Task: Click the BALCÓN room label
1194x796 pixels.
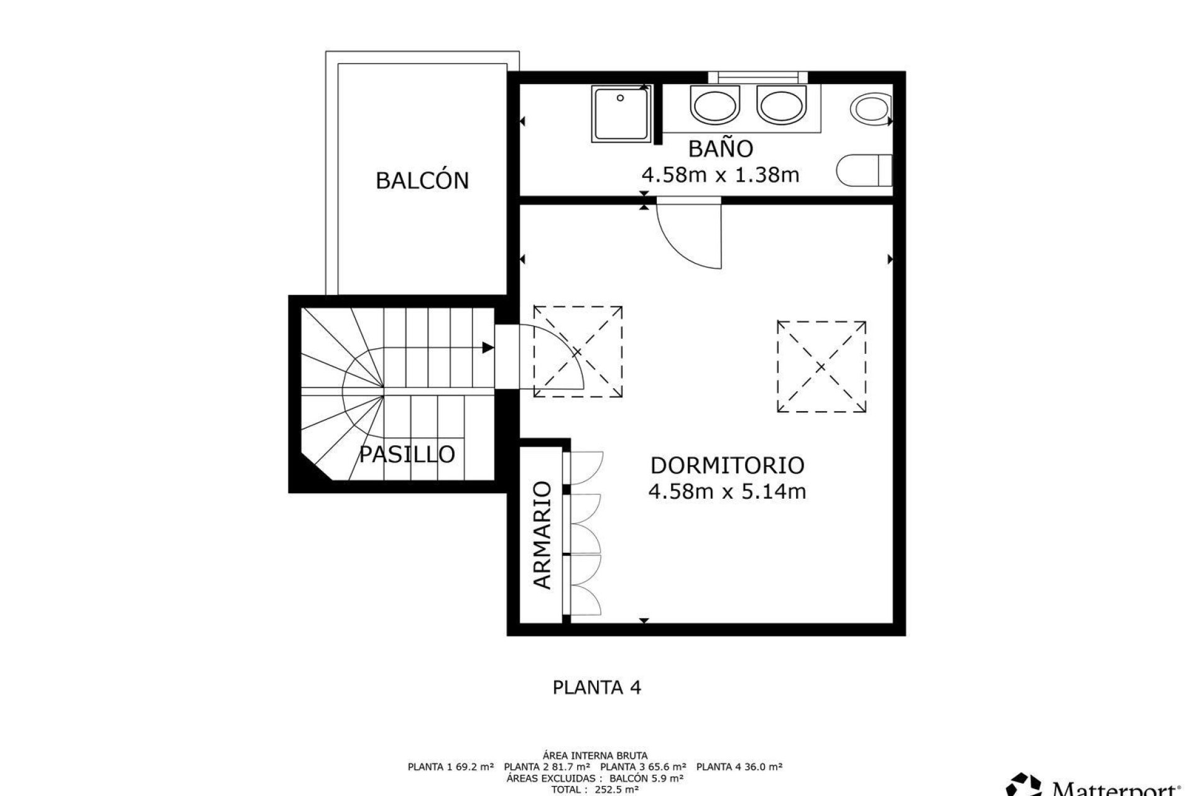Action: tap(422, 180)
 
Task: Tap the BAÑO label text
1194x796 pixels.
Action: tap(721, 149)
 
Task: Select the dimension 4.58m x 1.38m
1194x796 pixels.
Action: tap(720, 175)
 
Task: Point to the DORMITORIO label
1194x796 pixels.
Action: tap(727, 465)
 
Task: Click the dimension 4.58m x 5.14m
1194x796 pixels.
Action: tap(727, 492)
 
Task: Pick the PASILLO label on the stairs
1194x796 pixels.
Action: tap(407, 455)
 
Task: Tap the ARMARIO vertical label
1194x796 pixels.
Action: tap(542, 535)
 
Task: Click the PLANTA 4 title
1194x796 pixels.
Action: tap(596, 687)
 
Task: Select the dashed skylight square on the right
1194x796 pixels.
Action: tap(821, 367)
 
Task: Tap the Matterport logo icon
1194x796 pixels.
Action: tap(1024, 785)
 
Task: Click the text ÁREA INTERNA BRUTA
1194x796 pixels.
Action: tap(596, 756)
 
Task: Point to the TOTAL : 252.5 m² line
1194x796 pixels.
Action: tap(595, 790)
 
